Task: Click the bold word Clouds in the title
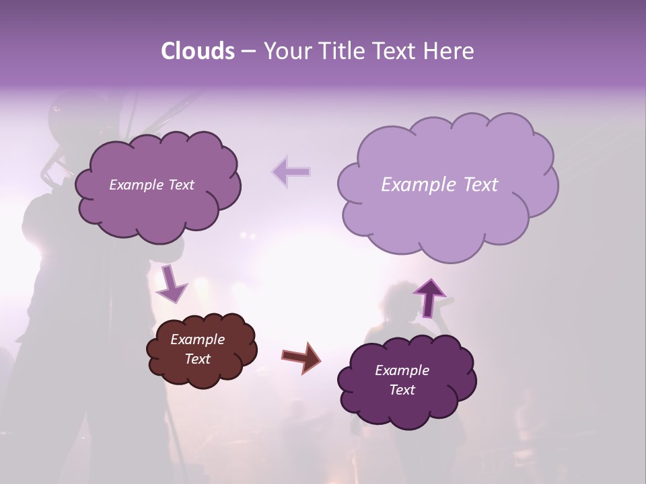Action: [197, 51]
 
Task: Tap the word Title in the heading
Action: [341, 51]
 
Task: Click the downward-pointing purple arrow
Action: [171, 283]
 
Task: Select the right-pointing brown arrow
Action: [301, 357]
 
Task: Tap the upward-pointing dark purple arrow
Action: [429, 296]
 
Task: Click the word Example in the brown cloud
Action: [197, 339]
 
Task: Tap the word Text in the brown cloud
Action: [198, 359]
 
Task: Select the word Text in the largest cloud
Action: [481, 185]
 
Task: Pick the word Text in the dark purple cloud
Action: [402, 390]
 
